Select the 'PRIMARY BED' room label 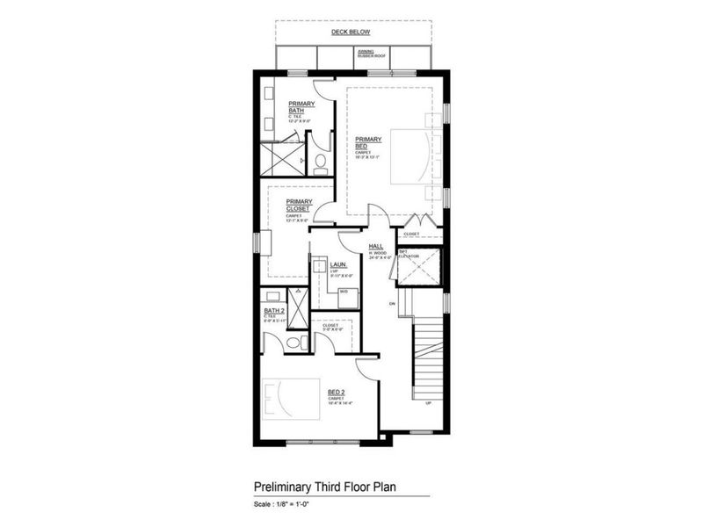click(366, 141)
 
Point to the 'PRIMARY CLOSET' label click(298, 206)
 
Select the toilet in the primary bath click(320, 162)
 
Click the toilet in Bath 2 click(298, 342)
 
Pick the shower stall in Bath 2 click(299, 307)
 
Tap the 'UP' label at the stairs click(428, 403)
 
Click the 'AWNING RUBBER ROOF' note click(366, 53)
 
